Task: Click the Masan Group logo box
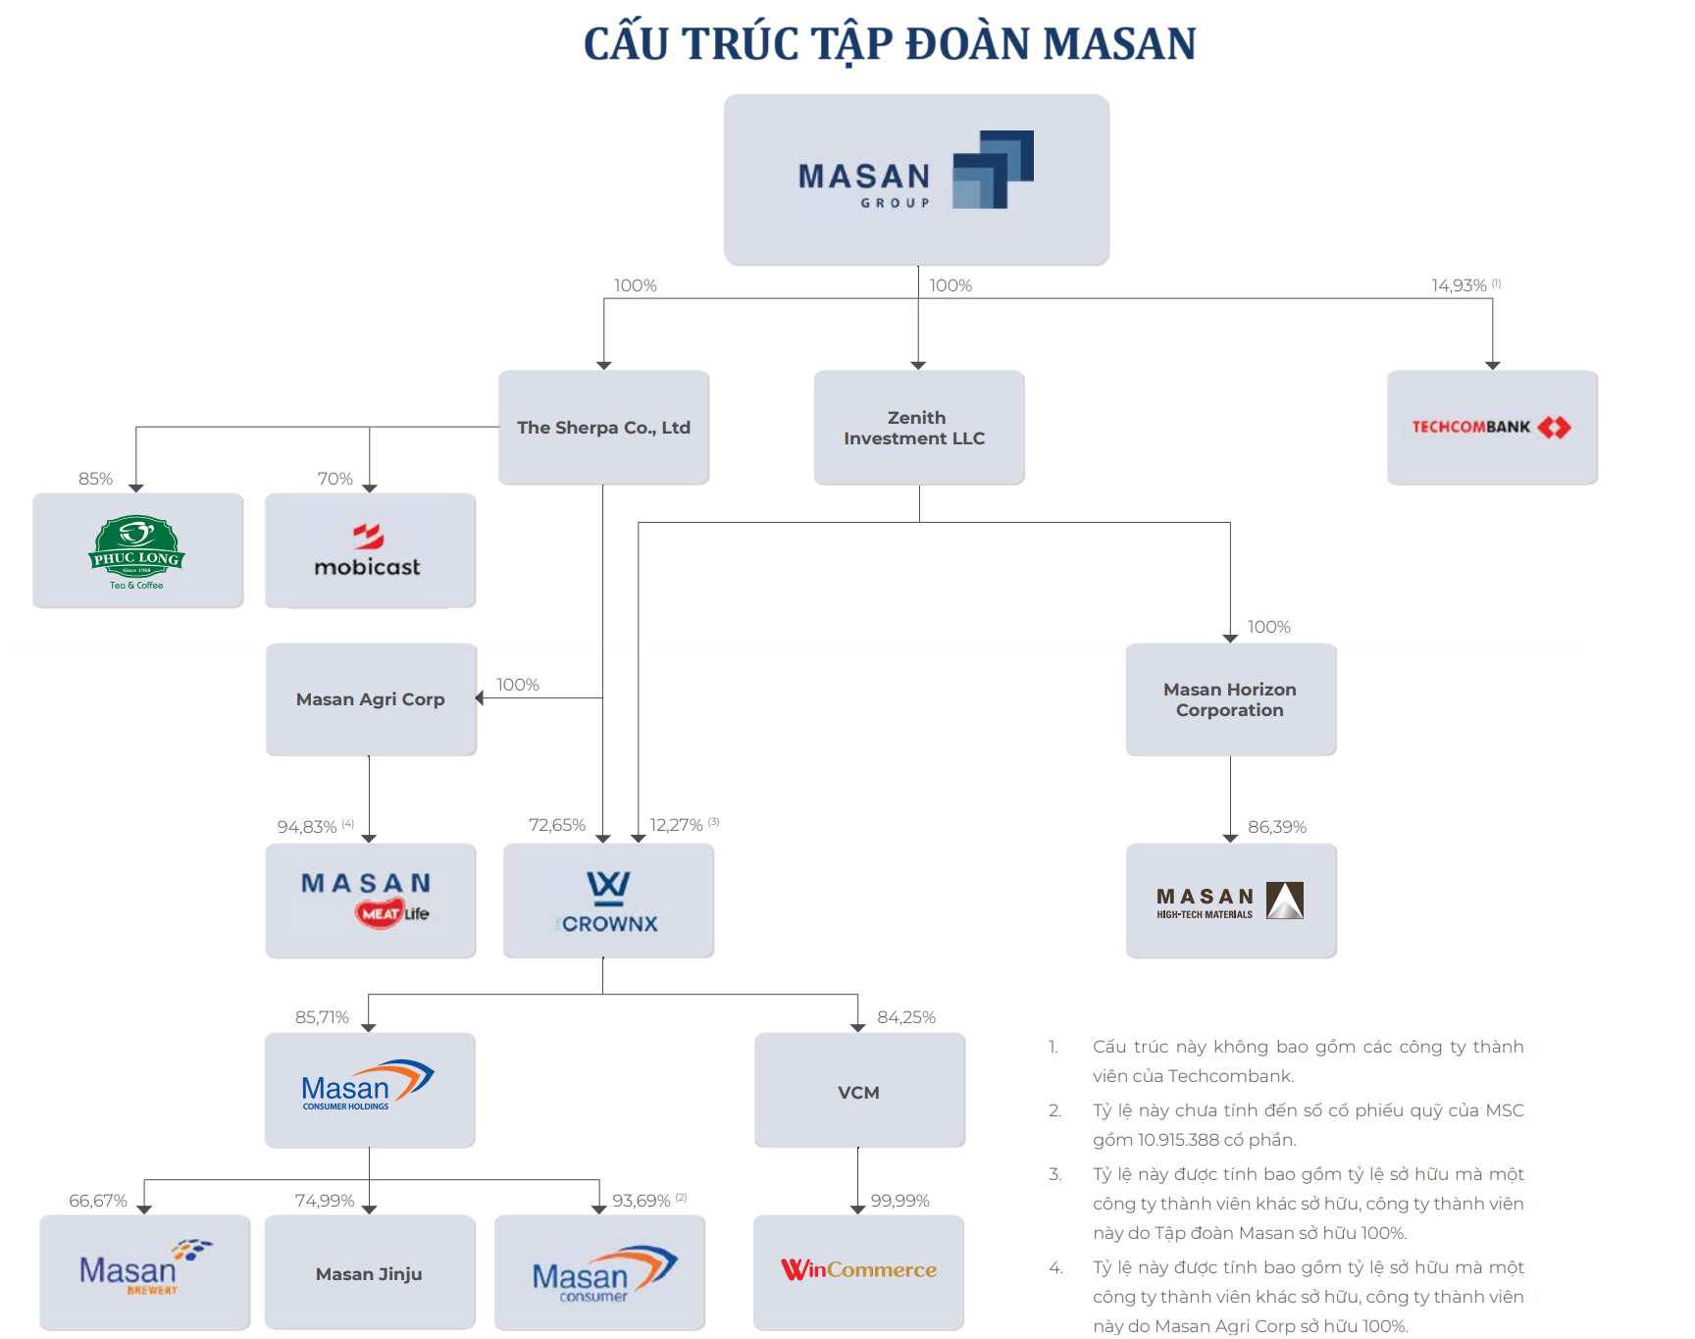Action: pos(916,180)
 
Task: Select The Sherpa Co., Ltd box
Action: pos(603,428)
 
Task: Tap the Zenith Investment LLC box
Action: pos(918,428)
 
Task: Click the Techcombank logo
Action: pos(1491,427)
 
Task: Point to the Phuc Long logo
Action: pos(137,551)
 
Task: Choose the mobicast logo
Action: pos(369,551)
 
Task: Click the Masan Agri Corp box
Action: pos(371,699)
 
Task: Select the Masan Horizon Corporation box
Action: pos(1230,699)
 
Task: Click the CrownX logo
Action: pos(608,901)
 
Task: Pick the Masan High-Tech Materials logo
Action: pos(1230,901)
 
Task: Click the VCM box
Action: pos(858,1092)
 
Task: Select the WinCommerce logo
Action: pos(858,1270)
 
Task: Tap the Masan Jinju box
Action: pos(369,1274)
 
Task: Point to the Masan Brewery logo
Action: pos(144,1270)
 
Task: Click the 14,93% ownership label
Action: pos(1459,285)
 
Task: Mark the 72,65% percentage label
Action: pos(556,825)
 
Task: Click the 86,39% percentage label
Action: pos(1276,827)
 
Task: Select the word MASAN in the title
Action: pos(1119,44)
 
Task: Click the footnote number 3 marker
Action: pos(1054,1174)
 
